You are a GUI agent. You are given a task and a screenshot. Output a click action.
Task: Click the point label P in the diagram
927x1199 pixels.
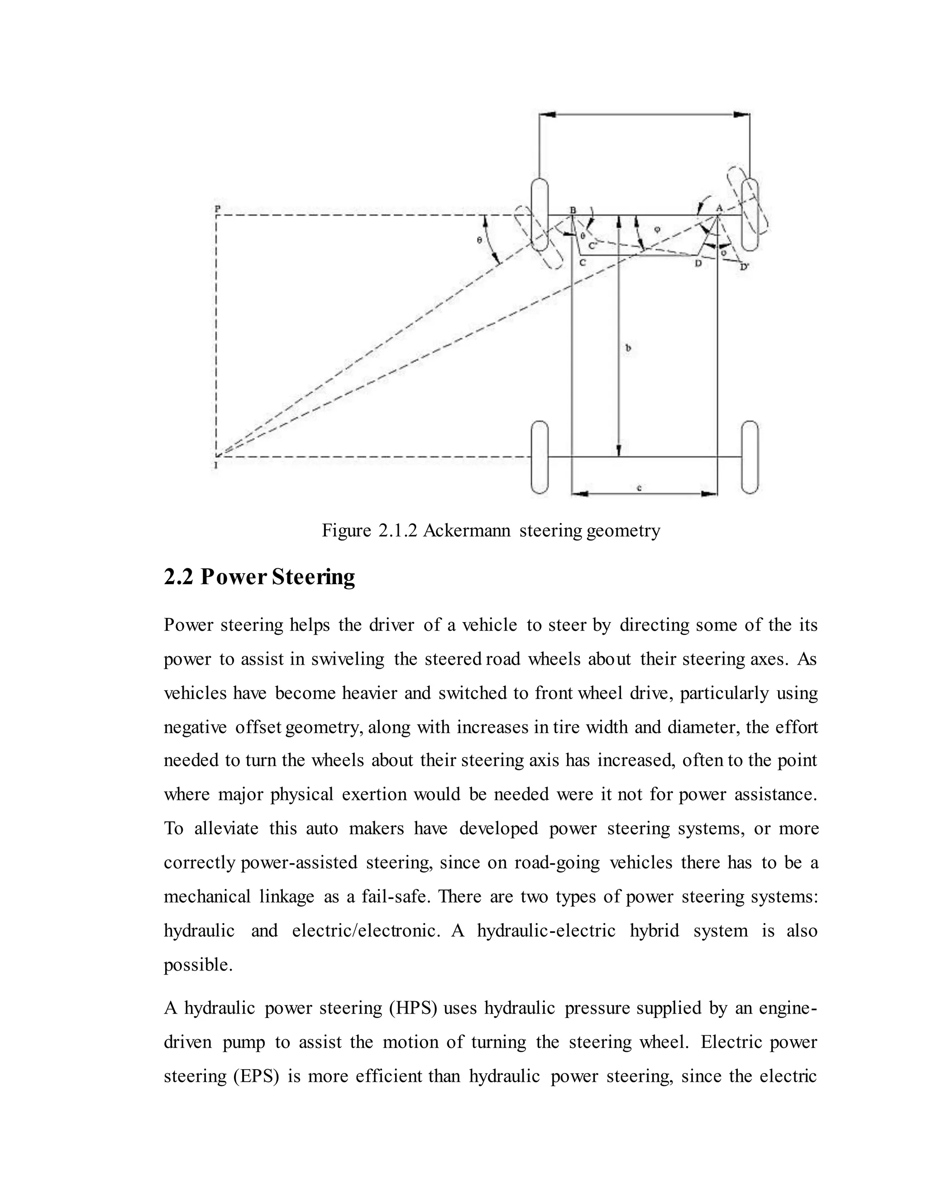[217, 209]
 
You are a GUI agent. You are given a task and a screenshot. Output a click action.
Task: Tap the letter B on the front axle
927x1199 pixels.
[573, 210]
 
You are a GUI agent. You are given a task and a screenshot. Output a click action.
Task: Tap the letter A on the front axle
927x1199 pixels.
[719, 208]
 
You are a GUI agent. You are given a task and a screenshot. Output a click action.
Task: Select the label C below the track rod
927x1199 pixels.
[583, 263]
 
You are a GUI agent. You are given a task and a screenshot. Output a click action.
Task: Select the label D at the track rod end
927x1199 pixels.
[698, 263]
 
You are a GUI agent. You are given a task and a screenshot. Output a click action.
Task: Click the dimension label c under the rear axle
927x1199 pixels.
[639, 487]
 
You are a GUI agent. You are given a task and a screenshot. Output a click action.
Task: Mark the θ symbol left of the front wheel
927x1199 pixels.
[479, 240]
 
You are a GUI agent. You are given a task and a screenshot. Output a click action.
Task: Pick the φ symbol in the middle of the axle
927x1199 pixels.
[657, 229]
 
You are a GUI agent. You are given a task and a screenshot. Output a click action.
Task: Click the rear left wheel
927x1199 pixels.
[540, 457]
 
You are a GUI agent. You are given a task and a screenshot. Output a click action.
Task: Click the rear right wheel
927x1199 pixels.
[750, 457]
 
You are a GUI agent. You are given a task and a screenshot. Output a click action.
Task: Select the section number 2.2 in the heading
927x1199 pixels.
[178, 577]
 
